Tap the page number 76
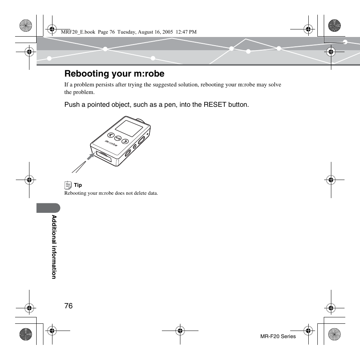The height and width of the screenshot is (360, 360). (x=68, y=306)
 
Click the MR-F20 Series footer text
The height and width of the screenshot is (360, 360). (x=278, y=336)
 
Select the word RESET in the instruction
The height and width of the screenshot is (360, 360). (x=214, y=105)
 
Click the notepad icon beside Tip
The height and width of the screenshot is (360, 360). (x=68, y=185)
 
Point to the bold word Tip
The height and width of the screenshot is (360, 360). (x=78, y=185)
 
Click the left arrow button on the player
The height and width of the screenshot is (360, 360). (x=110, y=135)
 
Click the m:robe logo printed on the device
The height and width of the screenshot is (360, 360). (x=111, y=143)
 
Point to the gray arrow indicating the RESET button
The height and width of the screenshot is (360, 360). (x=90, y=155)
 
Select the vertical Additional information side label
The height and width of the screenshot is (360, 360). (x=54, y=247)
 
